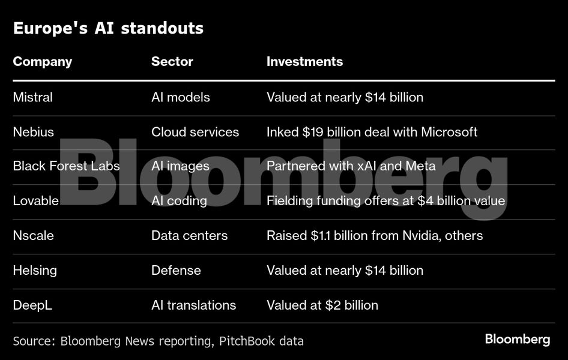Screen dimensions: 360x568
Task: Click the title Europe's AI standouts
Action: click(108, 28)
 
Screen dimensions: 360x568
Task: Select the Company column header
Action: click(43, 61)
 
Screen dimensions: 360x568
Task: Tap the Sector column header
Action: click(172, 61)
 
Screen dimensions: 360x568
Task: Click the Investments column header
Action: click(304, 61)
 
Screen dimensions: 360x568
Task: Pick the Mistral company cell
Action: click(33, 97)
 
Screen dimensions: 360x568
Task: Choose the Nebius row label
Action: click(34, 132)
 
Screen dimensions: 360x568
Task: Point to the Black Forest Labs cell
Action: click(66, 166)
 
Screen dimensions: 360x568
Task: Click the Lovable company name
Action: click(36, 200)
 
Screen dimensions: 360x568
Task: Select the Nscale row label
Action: click(34, 235)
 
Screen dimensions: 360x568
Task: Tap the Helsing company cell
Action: click(35, 270)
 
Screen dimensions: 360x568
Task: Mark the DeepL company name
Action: click(32, 305)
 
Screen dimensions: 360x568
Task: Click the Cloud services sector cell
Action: click(195, 132)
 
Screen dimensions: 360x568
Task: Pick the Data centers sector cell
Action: click(189, 235)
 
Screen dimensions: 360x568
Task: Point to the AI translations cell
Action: click(193, 305)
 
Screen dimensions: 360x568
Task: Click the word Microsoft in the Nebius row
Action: click(449, 132)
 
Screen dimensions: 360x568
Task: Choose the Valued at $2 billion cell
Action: click(322, 305)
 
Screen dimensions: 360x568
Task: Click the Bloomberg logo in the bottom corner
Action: click(517, 340)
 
